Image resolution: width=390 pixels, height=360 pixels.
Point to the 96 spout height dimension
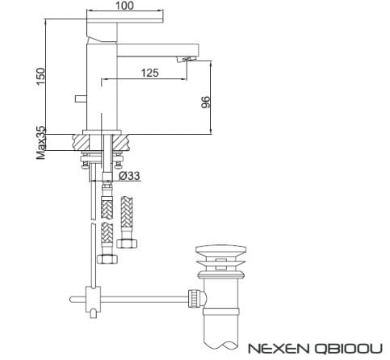[x=205, y=102]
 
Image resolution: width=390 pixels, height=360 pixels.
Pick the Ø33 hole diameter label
[x=129, y=175]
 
